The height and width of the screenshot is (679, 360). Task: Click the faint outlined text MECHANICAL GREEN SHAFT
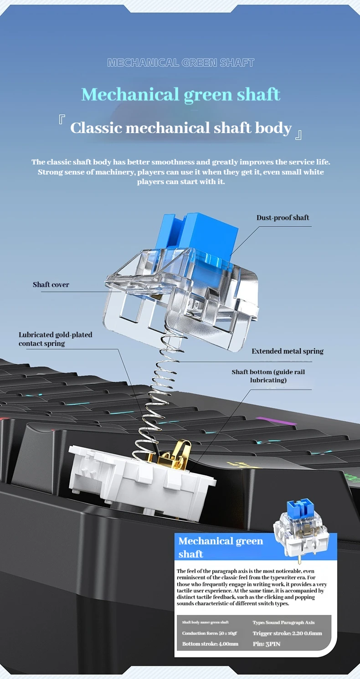(180, 63)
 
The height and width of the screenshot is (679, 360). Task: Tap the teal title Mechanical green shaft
(180, 94)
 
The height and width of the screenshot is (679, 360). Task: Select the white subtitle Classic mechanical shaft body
(180, 128)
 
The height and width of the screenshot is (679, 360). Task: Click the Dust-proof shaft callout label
(283, 218)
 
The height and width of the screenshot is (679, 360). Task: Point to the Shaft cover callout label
(51, 285)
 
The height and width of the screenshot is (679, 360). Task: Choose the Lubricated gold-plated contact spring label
(55, 339)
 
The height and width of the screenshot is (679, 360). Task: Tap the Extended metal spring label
(288, 351)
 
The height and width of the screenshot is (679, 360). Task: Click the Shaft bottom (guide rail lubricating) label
(268, 376)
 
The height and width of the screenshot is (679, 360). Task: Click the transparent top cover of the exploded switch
(182, 292)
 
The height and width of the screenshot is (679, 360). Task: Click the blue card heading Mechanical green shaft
(221, 547)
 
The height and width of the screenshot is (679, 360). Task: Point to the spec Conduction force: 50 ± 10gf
(209, 633)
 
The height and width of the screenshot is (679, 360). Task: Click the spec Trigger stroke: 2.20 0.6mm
(287, 633)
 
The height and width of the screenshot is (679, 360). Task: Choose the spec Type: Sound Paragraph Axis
(283, 622)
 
